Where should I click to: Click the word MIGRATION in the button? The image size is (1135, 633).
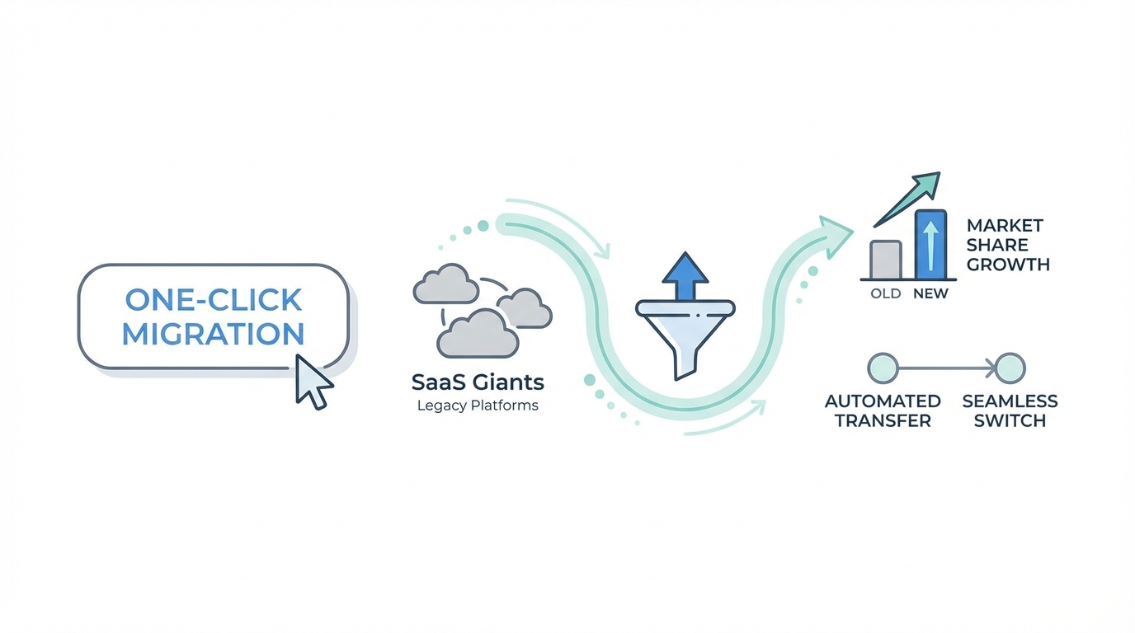[x=213, y=334]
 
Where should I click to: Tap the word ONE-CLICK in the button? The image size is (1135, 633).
[x=213, y=299]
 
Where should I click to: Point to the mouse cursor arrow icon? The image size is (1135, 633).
[x=312, y=382]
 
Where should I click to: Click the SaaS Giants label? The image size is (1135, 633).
[x=478, y=382]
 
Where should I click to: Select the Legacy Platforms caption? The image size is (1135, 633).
[x=478, y=405]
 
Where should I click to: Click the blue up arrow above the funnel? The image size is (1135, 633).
[x=685, y=275]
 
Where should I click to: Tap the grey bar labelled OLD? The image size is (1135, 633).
[x=886, y=259]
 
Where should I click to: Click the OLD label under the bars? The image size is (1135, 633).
[x=886, y=293]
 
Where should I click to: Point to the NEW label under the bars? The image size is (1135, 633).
[x=931, y=293]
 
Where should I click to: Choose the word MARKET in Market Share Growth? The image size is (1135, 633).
[x=1005, y=225]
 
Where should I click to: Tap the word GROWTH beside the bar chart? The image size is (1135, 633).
[x=1008, y=265]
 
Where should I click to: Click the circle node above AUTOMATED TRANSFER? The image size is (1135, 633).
[x=883, y=368]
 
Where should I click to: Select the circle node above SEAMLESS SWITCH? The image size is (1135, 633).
[x=1010, y=368]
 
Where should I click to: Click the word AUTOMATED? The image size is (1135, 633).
[x=883, y=401]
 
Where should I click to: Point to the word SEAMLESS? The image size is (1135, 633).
[x=1010, y=401]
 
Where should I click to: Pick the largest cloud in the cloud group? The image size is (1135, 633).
[x=477, y=334]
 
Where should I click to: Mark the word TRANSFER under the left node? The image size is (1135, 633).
[x=883, y=420]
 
